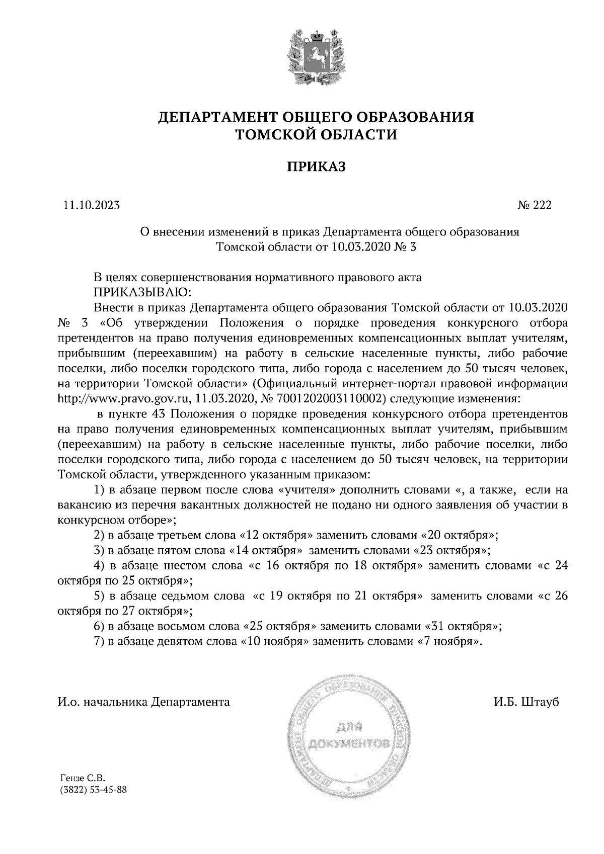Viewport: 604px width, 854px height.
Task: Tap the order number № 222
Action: (534, 205)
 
